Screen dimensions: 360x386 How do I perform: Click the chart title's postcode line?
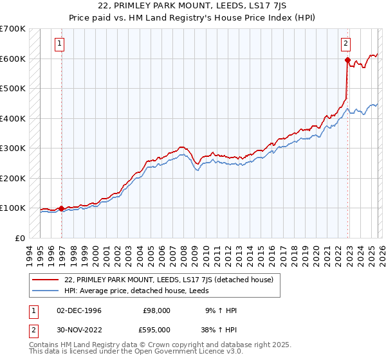pyautogui.click(x=193, y=6)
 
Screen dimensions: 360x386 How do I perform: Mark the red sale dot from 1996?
pyautogui.click(x=62, y=208)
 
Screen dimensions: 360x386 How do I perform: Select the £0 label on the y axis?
pyautogui.click(x=20, y=238)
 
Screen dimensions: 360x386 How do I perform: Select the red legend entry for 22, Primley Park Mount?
pyautogui.click(x=169, y=280)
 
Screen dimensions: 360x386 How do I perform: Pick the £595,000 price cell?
pyautogui.click(x=156, y=329)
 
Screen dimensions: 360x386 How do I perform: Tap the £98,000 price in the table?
pyautogui.click(x=156, y=310)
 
